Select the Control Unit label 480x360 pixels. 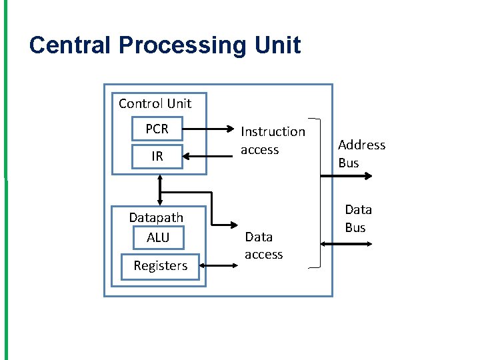click(x=155, y=103)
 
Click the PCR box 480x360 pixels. click(x=157, y=129)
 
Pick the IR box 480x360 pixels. click(x=157, y=157)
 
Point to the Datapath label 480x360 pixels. click(x=156, y=217)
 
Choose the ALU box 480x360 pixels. click(x=158, y=237)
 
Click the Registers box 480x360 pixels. click(x=160, y=266)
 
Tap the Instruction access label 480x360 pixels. click(x=273, y=141)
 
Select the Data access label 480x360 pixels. click(x=263, y=245)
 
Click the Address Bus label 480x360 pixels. click(x=361, y=153)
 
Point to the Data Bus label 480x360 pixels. click(x=357, y=219)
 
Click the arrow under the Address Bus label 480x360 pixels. click(x=346, y=176)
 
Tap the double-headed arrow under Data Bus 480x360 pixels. click(x=346, y=244)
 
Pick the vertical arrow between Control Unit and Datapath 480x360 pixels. click(x=160, y=190)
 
